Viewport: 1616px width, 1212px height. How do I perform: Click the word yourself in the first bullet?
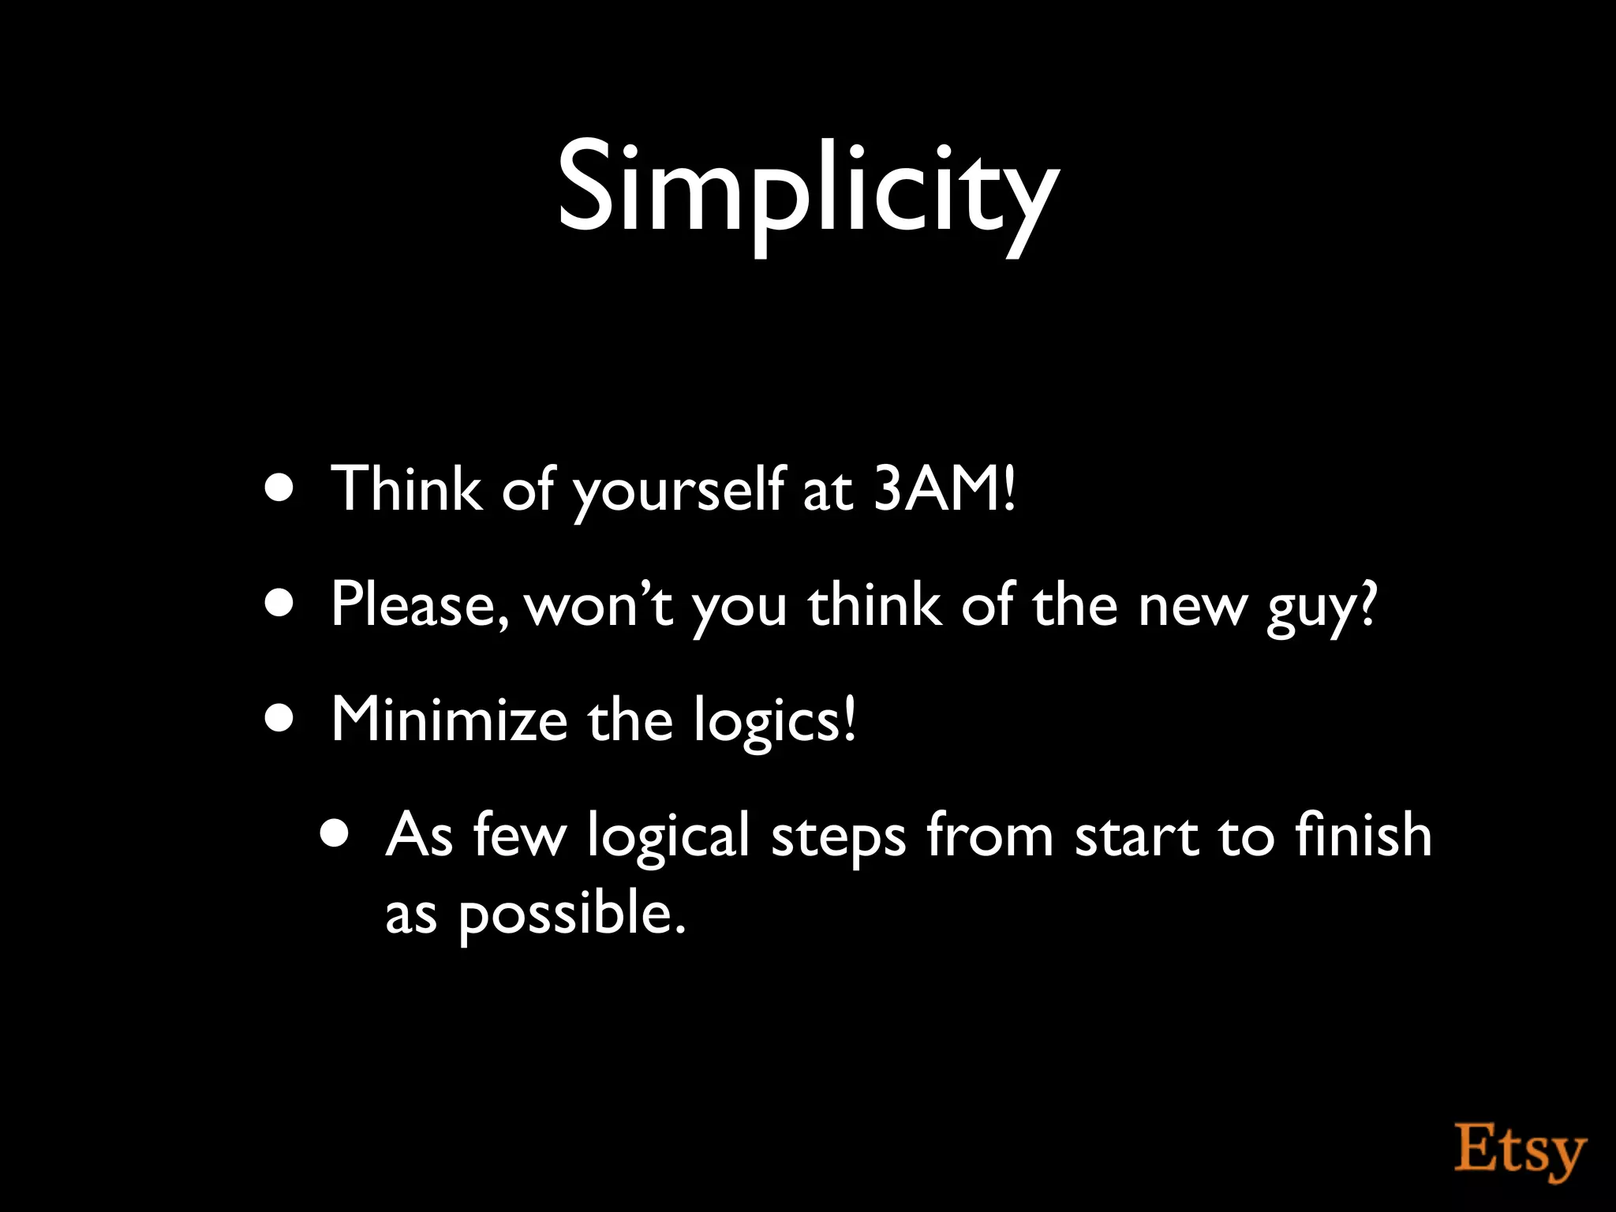[679, 491]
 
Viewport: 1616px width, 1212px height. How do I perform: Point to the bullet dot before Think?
[280, 490]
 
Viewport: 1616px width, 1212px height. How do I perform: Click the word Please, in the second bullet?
[420, 605]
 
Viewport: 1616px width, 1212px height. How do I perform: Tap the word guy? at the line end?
[1322, 608]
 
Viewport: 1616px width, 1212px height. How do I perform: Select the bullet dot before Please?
[280, 604]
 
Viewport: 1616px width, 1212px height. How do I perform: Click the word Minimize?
[449, 720]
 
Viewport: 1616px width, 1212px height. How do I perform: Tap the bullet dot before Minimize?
[280, 719]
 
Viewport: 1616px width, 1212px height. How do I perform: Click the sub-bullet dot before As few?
[335, 834]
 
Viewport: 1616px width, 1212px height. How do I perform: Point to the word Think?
[406, 488]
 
